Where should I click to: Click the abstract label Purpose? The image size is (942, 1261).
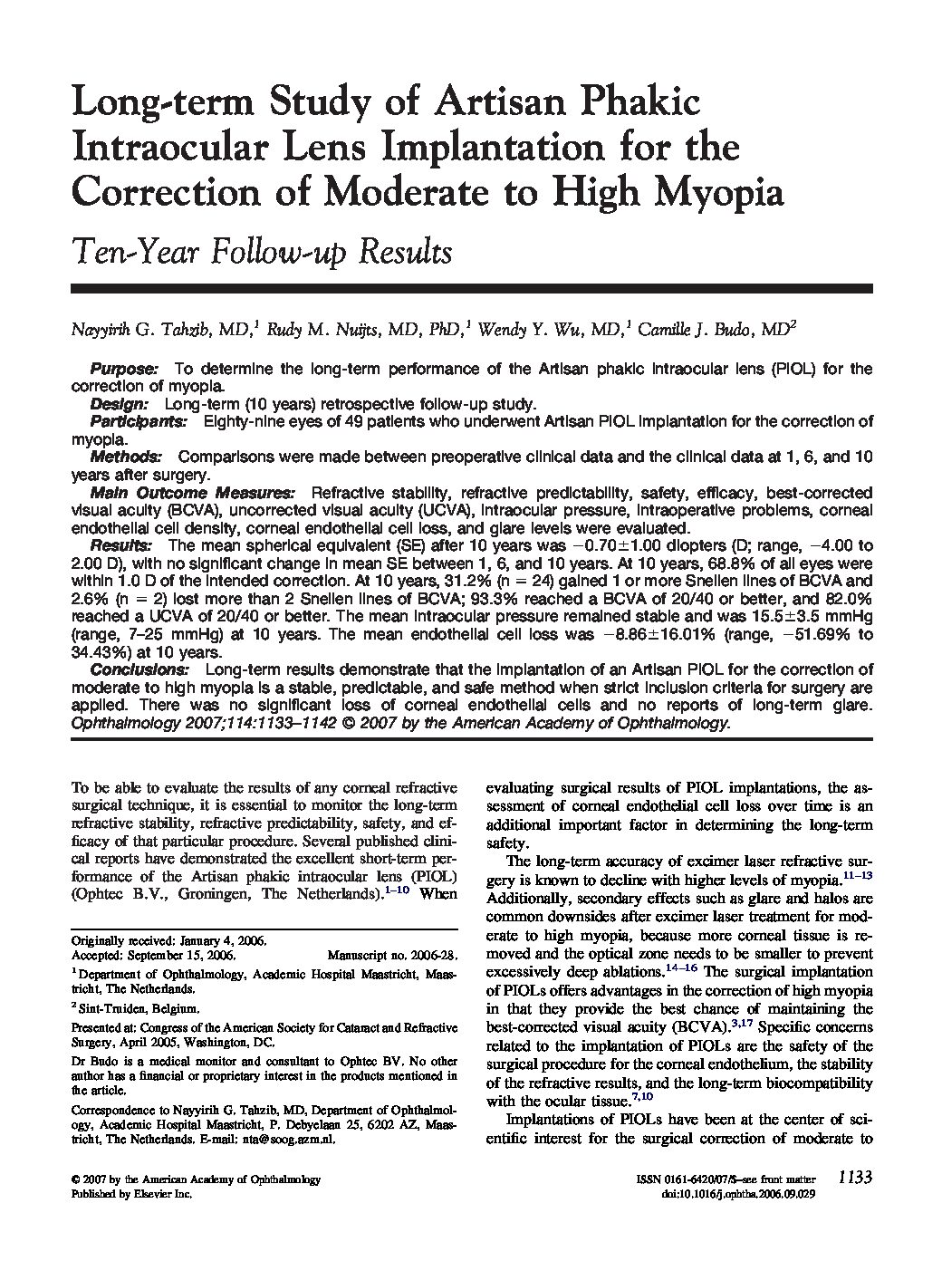(x=124, y=369)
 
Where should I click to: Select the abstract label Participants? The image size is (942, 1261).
(x=139, y=421)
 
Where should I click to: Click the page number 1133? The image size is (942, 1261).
(x=854, y=1178)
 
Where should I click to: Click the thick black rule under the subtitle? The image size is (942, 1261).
(x=471, y=288)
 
